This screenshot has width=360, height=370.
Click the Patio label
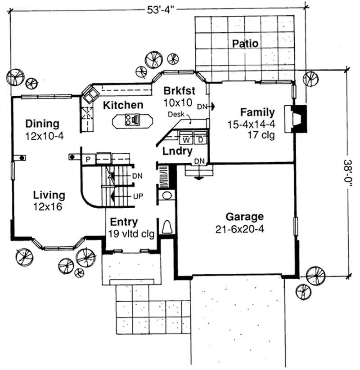pos(245,44)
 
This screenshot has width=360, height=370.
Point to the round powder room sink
pos(166,196)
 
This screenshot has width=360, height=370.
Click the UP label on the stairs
pos(138,196)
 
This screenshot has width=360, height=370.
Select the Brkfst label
pos(179,89)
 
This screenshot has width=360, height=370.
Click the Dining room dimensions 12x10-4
pos(42,134)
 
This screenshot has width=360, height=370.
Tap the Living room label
pos(49,196)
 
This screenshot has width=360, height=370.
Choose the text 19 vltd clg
pos(131,234)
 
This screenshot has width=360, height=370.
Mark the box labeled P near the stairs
pos(87,159)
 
